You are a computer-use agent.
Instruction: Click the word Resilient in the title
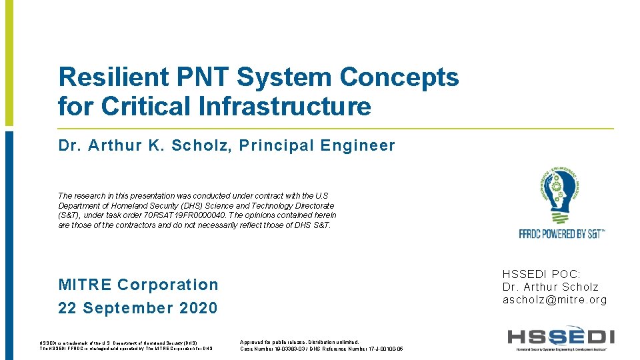click(x=114, y=77)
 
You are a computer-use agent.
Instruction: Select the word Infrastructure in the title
click(x=285, y=106)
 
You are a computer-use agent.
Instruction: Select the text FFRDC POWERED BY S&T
click(x=561, y=234)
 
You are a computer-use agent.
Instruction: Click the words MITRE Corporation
click(x=138, y=285)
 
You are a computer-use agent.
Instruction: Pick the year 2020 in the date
click(x=197, y=308)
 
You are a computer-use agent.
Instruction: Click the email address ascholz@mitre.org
click(x=555, y=300)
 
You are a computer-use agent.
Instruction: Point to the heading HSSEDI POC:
click(x=541, y=274)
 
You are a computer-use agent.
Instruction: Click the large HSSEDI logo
click(x=561, y=337)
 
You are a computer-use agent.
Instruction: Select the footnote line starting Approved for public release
click(x=299, y=341)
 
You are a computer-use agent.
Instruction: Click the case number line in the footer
click(x=321, y=349)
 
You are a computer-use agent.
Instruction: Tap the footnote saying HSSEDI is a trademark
click(x=118, y=342)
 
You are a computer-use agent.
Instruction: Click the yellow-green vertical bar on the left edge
click(x=9, y=63)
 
